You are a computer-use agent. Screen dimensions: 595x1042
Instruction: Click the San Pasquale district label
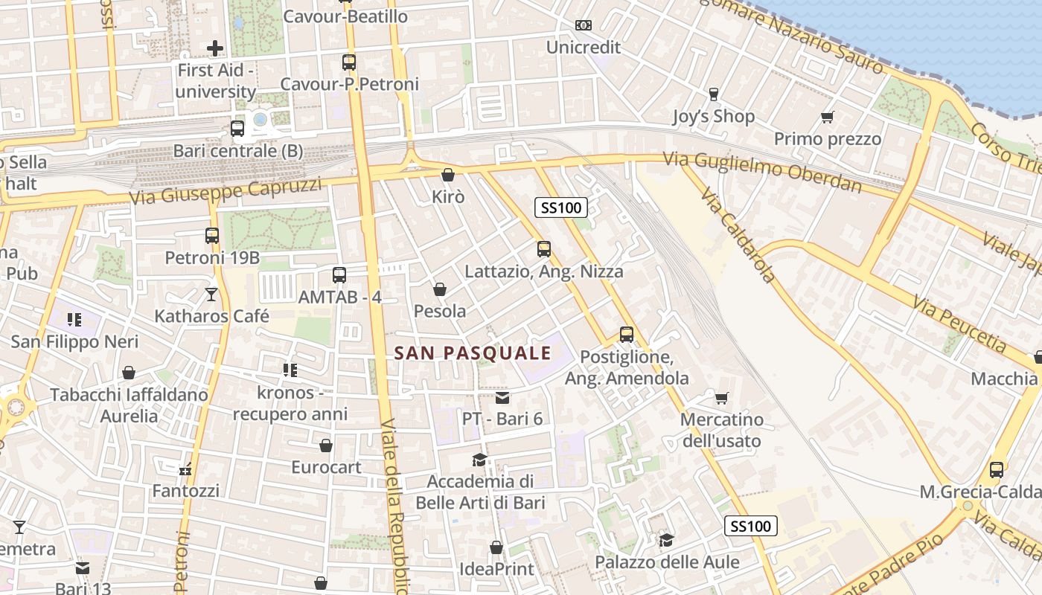pos(473,353)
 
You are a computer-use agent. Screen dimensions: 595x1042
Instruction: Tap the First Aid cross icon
pos(215,48)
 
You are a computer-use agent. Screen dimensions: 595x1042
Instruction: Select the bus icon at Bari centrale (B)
pos(237,129)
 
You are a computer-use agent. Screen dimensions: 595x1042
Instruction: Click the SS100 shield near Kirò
pos(561,208)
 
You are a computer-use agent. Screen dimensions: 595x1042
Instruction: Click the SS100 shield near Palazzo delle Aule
pos(751,527)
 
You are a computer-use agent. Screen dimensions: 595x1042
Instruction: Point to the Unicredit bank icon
pos(584,25)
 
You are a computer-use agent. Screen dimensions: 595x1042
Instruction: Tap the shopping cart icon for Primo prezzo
pos(827,117)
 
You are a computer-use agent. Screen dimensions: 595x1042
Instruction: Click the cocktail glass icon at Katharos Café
pos(211,295)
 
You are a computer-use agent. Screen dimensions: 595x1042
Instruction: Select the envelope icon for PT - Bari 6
pos(502,398)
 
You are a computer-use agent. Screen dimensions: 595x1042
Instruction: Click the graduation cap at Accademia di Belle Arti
pos(480,460)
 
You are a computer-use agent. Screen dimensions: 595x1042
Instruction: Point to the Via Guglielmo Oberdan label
pos(762,171)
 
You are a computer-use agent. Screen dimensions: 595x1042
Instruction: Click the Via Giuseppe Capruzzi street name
pos(225,191)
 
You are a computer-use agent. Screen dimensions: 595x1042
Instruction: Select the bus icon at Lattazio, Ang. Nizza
pos(544,249)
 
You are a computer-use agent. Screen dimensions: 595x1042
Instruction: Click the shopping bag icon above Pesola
pos(440,289)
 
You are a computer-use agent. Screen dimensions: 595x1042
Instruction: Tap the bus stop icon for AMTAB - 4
pos(339,275)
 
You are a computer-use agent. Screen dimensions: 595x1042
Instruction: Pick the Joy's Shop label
pos(713,116)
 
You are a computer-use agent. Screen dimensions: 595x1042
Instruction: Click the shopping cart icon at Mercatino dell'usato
pos(721,398)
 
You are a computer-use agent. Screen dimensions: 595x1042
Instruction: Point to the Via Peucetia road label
pos(959,324)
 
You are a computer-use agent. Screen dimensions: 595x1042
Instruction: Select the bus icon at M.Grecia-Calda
pos(997,470)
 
